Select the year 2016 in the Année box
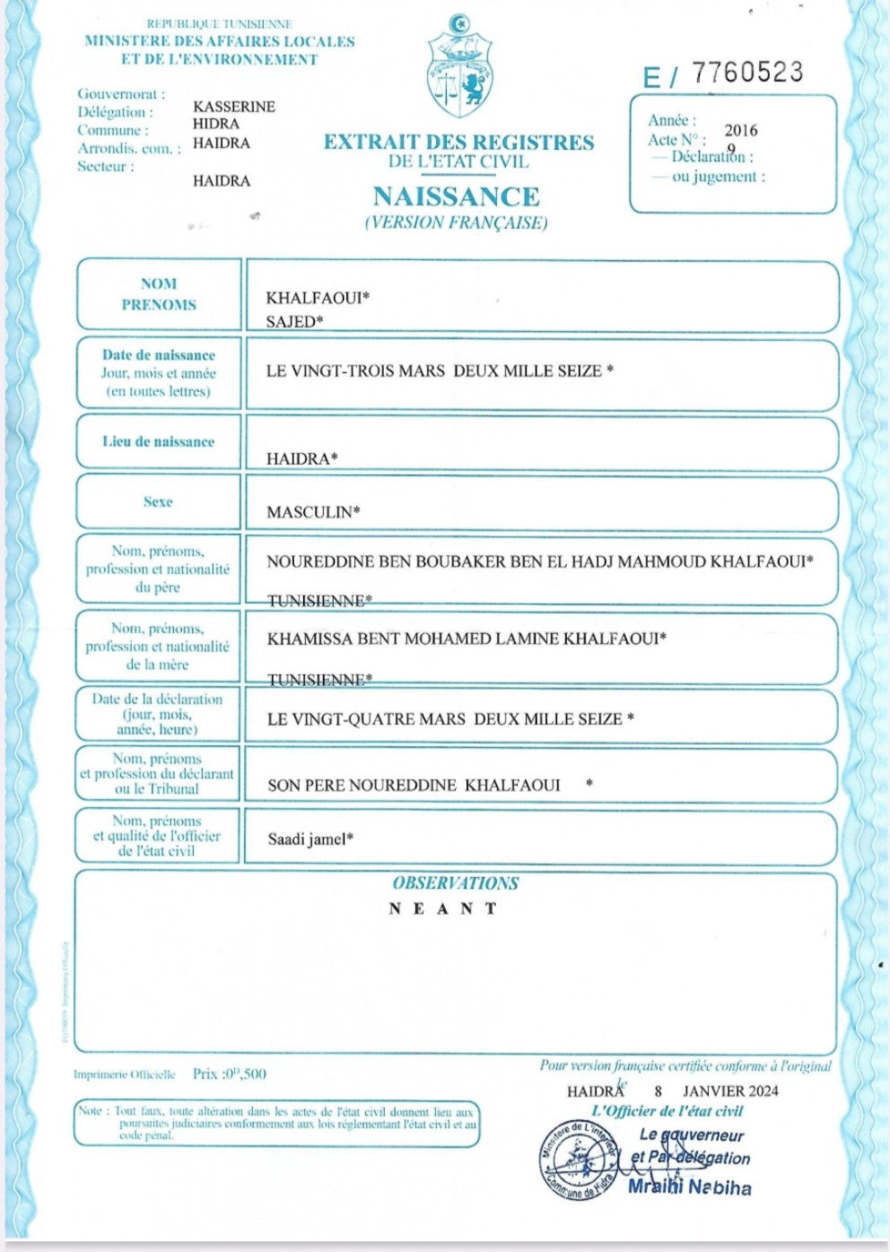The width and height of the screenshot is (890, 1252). pyautogui.click(x=741, y=130)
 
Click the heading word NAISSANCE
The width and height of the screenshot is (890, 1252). pyautogui.click(x=457, y=196)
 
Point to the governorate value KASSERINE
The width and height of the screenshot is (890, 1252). pyautogui.click(x=234, y=106)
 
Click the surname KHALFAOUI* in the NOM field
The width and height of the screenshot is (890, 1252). pyautogui.click(x=318, y=298)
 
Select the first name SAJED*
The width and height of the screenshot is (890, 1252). pyautogui.click(x=294, y=321)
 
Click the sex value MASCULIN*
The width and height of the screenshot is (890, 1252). pyautogui.click(x=313, y=512)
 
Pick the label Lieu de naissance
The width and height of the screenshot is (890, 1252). pyautogui.click(x=159, y=441)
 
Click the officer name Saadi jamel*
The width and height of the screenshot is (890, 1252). pyautogui.click(x=310, y=839)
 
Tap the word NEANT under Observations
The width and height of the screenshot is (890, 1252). pyautogui.click(x=442, y=909)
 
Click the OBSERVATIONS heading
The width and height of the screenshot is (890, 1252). pyautogui.click(x=455, y=883)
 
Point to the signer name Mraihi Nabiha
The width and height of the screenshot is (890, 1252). pyautogui.click(x=689, y=1187)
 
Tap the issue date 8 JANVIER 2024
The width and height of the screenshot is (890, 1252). pyautogui.click(x=716, y=1091)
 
